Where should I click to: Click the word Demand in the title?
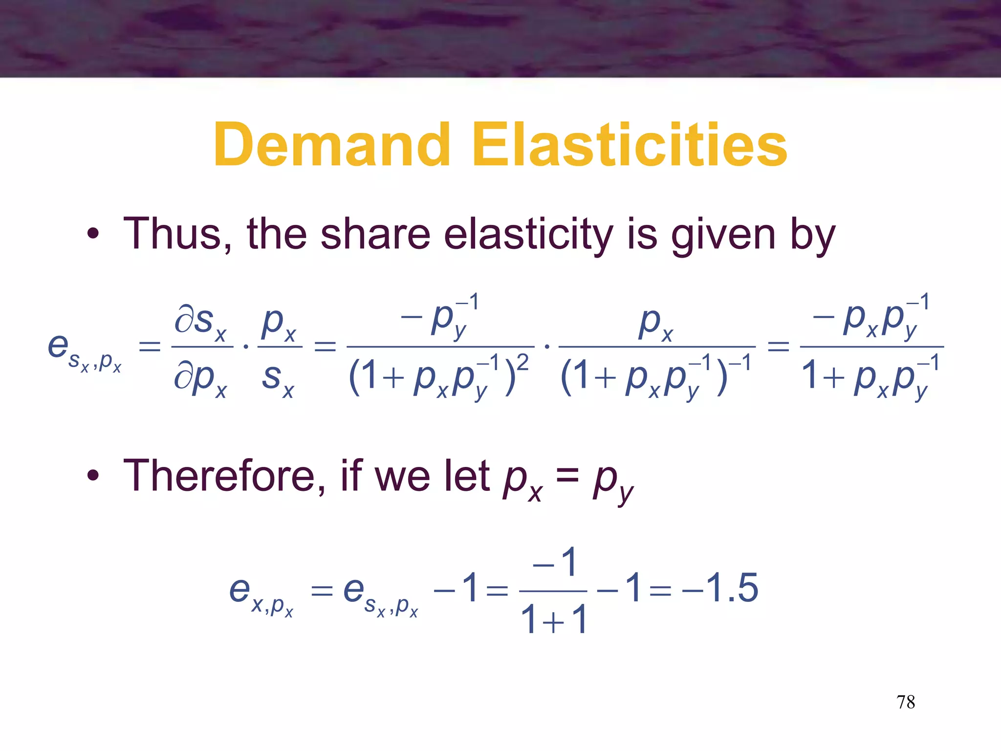(x=332, y=145)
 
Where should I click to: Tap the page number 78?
(x=905, y=702)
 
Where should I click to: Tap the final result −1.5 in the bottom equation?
(x=720, y=588)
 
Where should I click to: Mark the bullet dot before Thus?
(x=93, y=234)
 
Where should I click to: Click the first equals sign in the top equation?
(x=150, y=347)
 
